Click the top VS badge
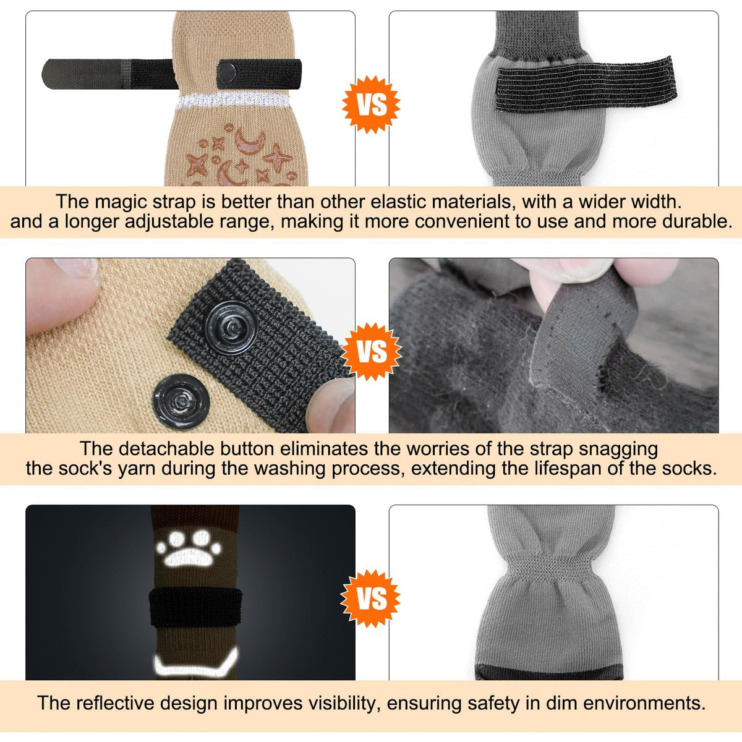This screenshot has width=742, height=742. pos(371,104)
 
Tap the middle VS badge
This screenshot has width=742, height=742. pos(372,352)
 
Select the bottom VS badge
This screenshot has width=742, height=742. pos(370,599)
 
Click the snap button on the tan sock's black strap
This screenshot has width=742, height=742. pos(226,72)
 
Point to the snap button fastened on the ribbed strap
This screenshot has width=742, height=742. pos(231,328)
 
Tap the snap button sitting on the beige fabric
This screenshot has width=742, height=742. pos(181,402)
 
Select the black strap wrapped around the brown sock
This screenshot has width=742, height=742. pos(195,607)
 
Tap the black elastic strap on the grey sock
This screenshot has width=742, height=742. pos(586,85)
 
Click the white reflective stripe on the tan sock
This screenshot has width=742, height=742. pos(233,101)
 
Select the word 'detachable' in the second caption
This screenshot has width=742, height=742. pos(176,449)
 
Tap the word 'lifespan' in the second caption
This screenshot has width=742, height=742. pos(577,469)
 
